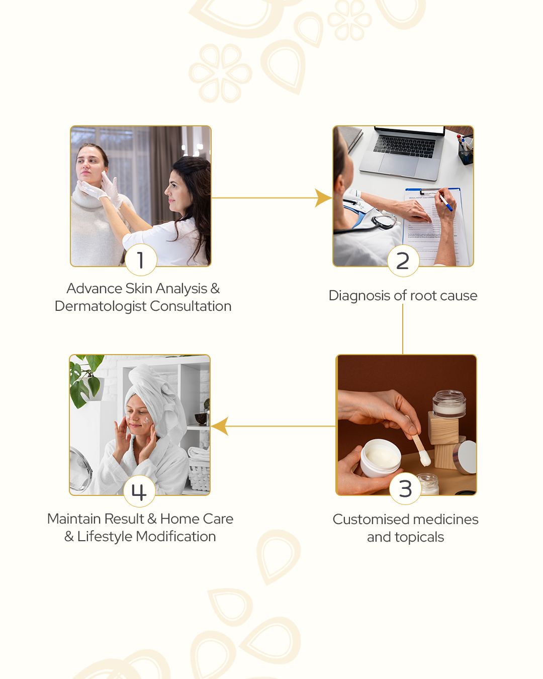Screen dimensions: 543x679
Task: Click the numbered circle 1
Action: (141, 260)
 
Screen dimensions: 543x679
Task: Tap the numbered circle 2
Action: (403, 261)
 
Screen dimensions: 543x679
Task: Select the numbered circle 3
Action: (405, 489)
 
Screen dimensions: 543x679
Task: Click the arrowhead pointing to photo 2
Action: (323, 198)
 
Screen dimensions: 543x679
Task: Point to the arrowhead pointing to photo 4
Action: (220, 426)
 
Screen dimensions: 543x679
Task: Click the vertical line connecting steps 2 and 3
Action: (403, 329)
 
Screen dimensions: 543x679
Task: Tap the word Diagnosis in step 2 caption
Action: (359, 296)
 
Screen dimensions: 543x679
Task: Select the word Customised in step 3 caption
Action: (371, 520)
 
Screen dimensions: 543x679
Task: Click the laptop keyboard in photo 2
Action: (405, 146)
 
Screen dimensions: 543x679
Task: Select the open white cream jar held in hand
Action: (381, 458)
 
